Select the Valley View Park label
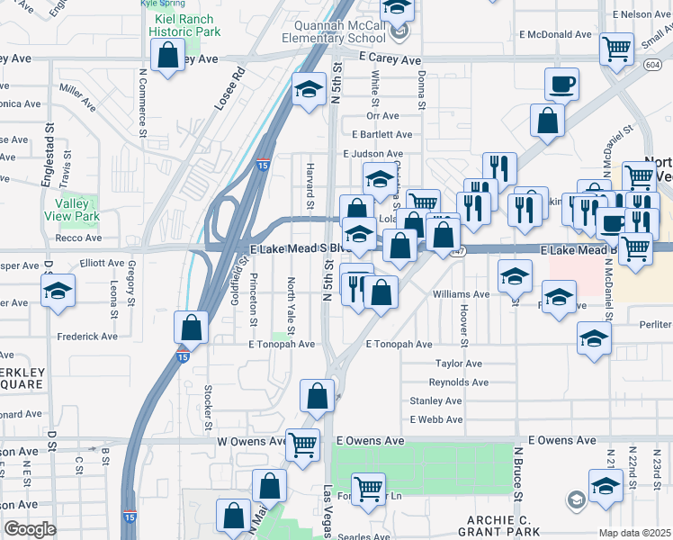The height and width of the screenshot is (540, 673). click(x=71, y=210)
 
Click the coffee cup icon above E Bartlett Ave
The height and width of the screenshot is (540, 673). click(x=561, y=85)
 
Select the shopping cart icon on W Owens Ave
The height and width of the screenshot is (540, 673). click(x=302, y=443)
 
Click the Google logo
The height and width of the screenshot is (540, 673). click(x=30, y=529)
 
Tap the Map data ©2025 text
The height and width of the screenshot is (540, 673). click(x=634, y=533)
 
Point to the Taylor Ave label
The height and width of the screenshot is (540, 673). click(x=459, y=364)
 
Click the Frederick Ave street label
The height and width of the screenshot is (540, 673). click(x=88, y=337)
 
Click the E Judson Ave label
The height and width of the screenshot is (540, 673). click(x=378, y=155)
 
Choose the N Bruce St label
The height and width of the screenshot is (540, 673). click(x=518, y=472)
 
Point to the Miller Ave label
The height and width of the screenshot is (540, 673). click(x=77, y=96)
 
